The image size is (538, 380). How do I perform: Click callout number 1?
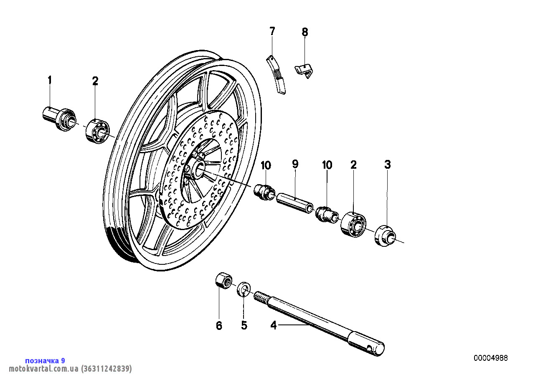click(50, 80)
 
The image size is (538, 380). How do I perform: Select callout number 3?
click(388, 165)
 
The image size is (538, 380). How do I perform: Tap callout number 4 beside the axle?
click(274, 325)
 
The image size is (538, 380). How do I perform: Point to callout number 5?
click(244, 325)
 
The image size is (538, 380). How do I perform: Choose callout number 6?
click(219, 325)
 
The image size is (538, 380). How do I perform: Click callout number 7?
click(272, 31)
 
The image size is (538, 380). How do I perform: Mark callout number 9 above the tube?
click(295, 165)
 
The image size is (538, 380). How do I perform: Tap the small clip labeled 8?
click(305, 70)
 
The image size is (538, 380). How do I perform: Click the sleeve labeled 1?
click(60, 117)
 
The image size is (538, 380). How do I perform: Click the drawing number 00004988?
click(490, 358)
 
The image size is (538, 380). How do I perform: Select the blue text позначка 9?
click(45, 361)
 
